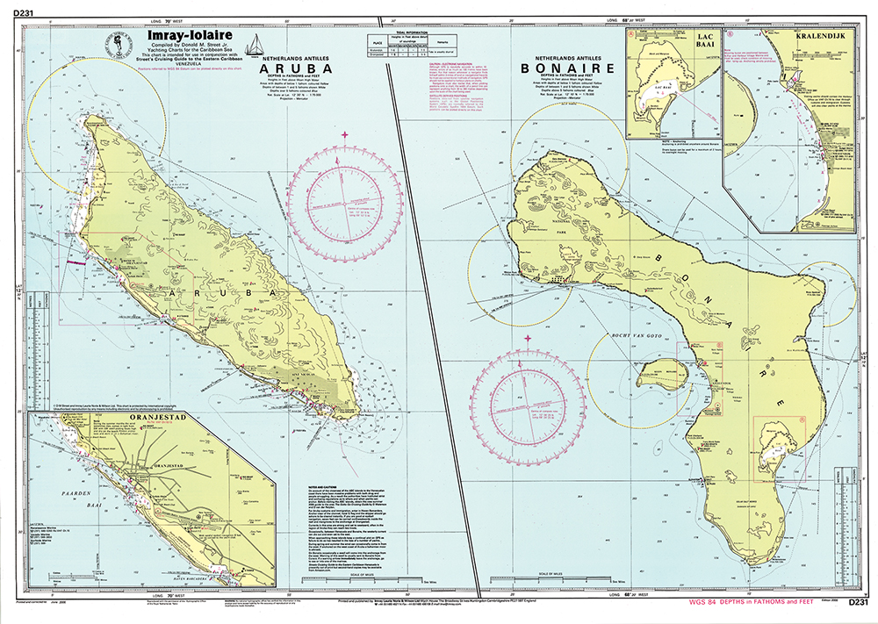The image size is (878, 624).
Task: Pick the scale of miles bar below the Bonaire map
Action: pos(544,579)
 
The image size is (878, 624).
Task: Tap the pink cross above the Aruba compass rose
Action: pos(345,134)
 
